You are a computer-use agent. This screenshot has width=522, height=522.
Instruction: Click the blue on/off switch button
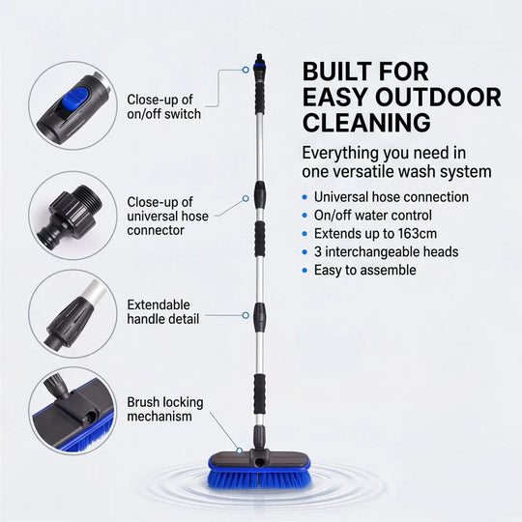(74, 98)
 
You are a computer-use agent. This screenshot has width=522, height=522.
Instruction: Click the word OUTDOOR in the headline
(438, 98)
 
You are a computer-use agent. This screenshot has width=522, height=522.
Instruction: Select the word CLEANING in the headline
(366, 123)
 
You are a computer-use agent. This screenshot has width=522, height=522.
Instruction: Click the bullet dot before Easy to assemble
(304, 270)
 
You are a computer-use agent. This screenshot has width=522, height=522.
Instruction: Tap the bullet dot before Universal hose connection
(304, 197)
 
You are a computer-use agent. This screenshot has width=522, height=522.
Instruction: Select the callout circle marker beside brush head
(240, 450)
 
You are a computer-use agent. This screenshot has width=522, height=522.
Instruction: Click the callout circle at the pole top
(246, 70)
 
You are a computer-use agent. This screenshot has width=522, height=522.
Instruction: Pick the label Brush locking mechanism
(165, 409)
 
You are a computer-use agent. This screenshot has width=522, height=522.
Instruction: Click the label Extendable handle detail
(163, 311)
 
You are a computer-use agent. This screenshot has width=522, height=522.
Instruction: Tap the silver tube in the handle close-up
(95, 294)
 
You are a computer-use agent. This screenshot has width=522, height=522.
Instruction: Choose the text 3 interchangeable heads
(386, 251)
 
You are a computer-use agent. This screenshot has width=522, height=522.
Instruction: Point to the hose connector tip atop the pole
(259, 58)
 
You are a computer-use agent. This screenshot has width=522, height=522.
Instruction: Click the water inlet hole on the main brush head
(259, 462)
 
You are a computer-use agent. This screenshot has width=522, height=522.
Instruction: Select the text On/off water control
(373, 216)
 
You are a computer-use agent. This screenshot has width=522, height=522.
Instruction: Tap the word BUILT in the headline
(337, 72)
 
